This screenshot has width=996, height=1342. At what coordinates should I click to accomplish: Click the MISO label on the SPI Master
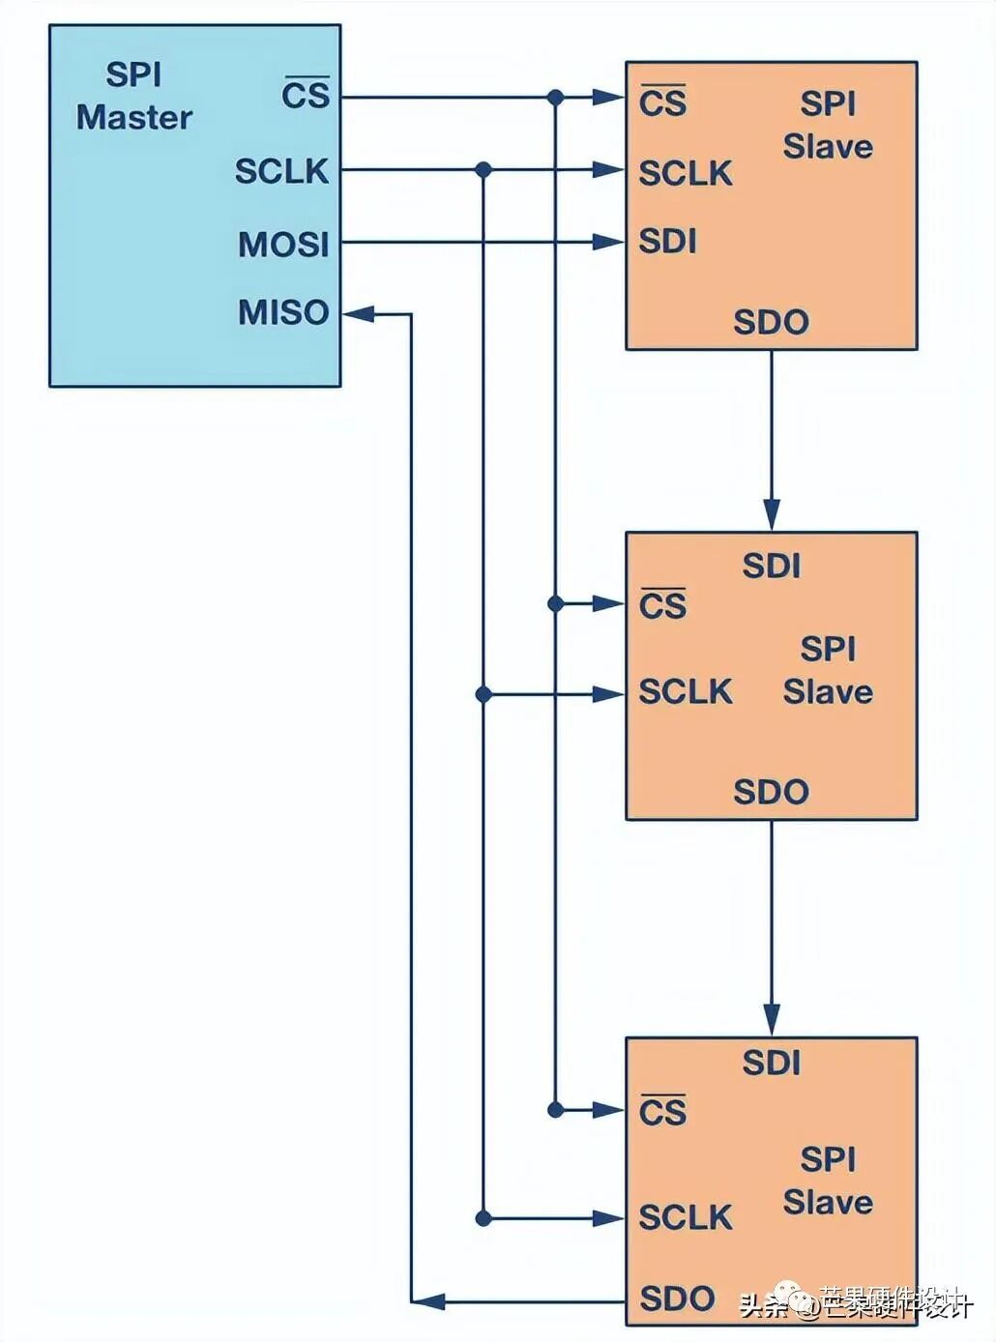283,312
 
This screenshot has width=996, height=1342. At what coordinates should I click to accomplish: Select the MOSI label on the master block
283,244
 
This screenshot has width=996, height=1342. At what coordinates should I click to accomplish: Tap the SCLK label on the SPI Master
281,171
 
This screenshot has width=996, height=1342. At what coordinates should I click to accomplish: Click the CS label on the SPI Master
306,95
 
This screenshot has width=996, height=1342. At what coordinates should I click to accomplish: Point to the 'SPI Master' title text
133,96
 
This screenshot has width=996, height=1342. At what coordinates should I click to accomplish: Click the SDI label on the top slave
667,241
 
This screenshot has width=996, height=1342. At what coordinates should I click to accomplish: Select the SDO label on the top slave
771,322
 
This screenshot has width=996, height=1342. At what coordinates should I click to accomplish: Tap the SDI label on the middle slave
771,566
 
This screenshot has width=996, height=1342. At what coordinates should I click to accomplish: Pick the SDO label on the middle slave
771,792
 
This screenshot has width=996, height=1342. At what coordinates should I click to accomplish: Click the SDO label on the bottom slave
677,1298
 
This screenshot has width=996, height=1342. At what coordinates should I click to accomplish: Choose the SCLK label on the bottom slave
685,1217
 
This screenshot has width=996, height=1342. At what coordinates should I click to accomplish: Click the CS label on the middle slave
662,605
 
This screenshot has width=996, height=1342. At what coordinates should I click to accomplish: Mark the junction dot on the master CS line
555,97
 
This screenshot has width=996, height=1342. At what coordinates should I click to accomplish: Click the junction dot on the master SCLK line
483,170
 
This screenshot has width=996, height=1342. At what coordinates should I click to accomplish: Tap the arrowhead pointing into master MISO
358,313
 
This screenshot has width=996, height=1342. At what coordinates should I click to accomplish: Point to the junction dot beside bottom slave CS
555,1109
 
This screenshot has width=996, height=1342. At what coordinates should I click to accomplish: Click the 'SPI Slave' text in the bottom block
828,1181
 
